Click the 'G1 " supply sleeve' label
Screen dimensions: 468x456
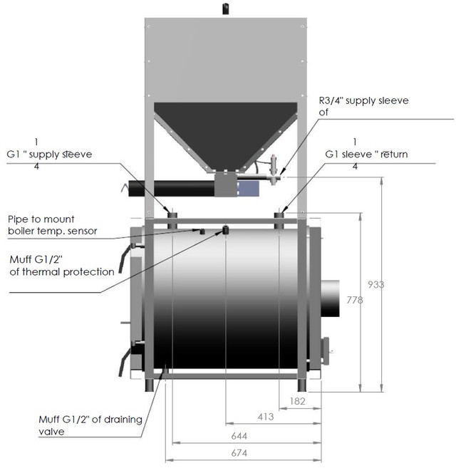point(50,154)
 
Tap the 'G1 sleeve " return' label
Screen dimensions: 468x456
point(366,154)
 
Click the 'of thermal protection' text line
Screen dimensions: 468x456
point(62,271)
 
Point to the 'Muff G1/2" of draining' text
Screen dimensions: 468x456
point(86,420)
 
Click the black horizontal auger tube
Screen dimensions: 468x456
point(171,189)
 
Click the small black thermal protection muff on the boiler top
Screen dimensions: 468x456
point(226,230)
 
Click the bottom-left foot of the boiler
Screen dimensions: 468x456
point(152,385)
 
